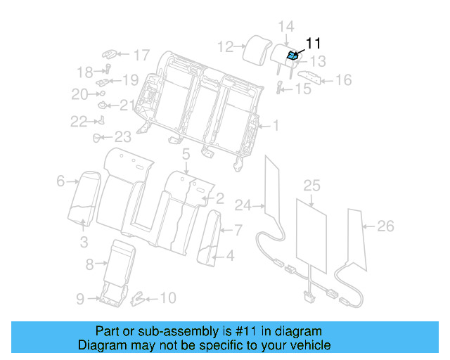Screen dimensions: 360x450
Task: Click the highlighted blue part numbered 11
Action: pos(292,55)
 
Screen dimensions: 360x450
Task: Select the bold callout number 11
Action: pos(312,43)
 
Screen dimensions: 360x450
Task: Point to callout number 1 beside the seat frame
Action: pos(276,127)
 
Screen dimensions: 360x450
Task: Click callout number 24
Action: pos(243,206)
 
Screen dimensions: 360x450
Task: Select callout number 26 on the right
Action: pos(385,226)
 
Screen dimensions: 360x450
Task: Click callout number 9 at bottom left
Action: pos(80,299)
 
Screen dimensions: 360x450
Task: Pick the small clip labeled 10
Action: pos(139,298)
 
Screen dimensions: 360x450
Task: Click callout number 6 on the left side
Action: pos(60,181)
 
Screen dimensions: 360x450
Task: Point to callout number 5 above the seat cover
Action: pos(186,153)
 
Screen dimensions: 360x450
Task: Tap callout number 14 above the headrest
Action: pos(285,27)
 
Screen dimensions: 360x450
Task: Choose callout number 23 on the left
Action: pos(123,137)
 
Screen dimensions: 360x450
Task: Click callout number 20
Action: pos(79,94)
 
